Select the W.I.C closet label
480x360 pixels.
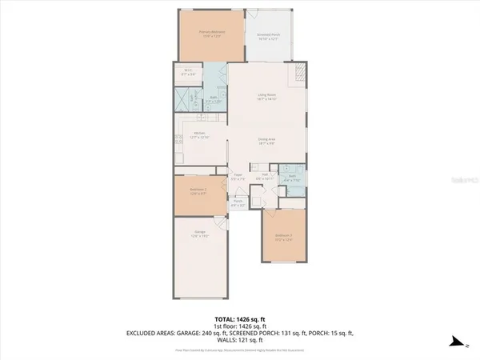(187, 73)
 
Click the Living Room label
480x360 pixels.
(266, 98)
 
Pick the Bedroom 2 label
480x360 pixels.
(198, 192)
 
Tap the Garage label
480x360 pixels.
(200, 234)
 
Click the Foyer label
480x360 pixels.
(238, 178)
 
